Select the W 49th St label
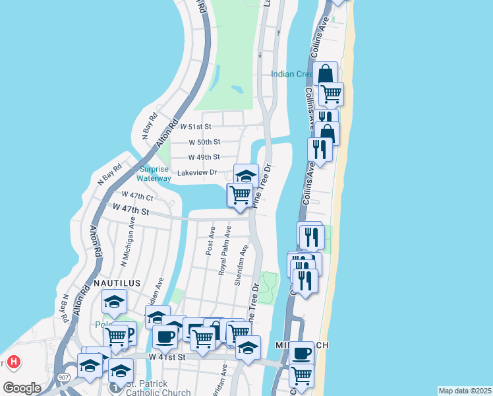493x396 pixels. (204, 157)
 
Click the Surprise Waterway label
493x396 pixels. (154, 174)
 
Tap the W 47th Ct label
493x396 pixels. (137, 196)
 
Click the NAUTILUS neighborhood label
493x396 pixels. (117, 282)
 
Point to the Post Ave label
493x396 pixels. (211, 242)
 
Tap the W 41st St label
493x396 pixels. (167, 356)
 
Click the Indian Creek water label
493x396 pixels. (292, 74)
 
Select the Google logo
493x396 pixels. (22, 388)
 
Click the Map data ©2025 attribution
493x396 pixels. (465, 391)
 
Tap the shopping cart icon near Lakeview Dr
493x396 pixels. (239, 195)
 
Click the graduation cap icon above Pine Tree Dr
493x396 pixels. (246, 176)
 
